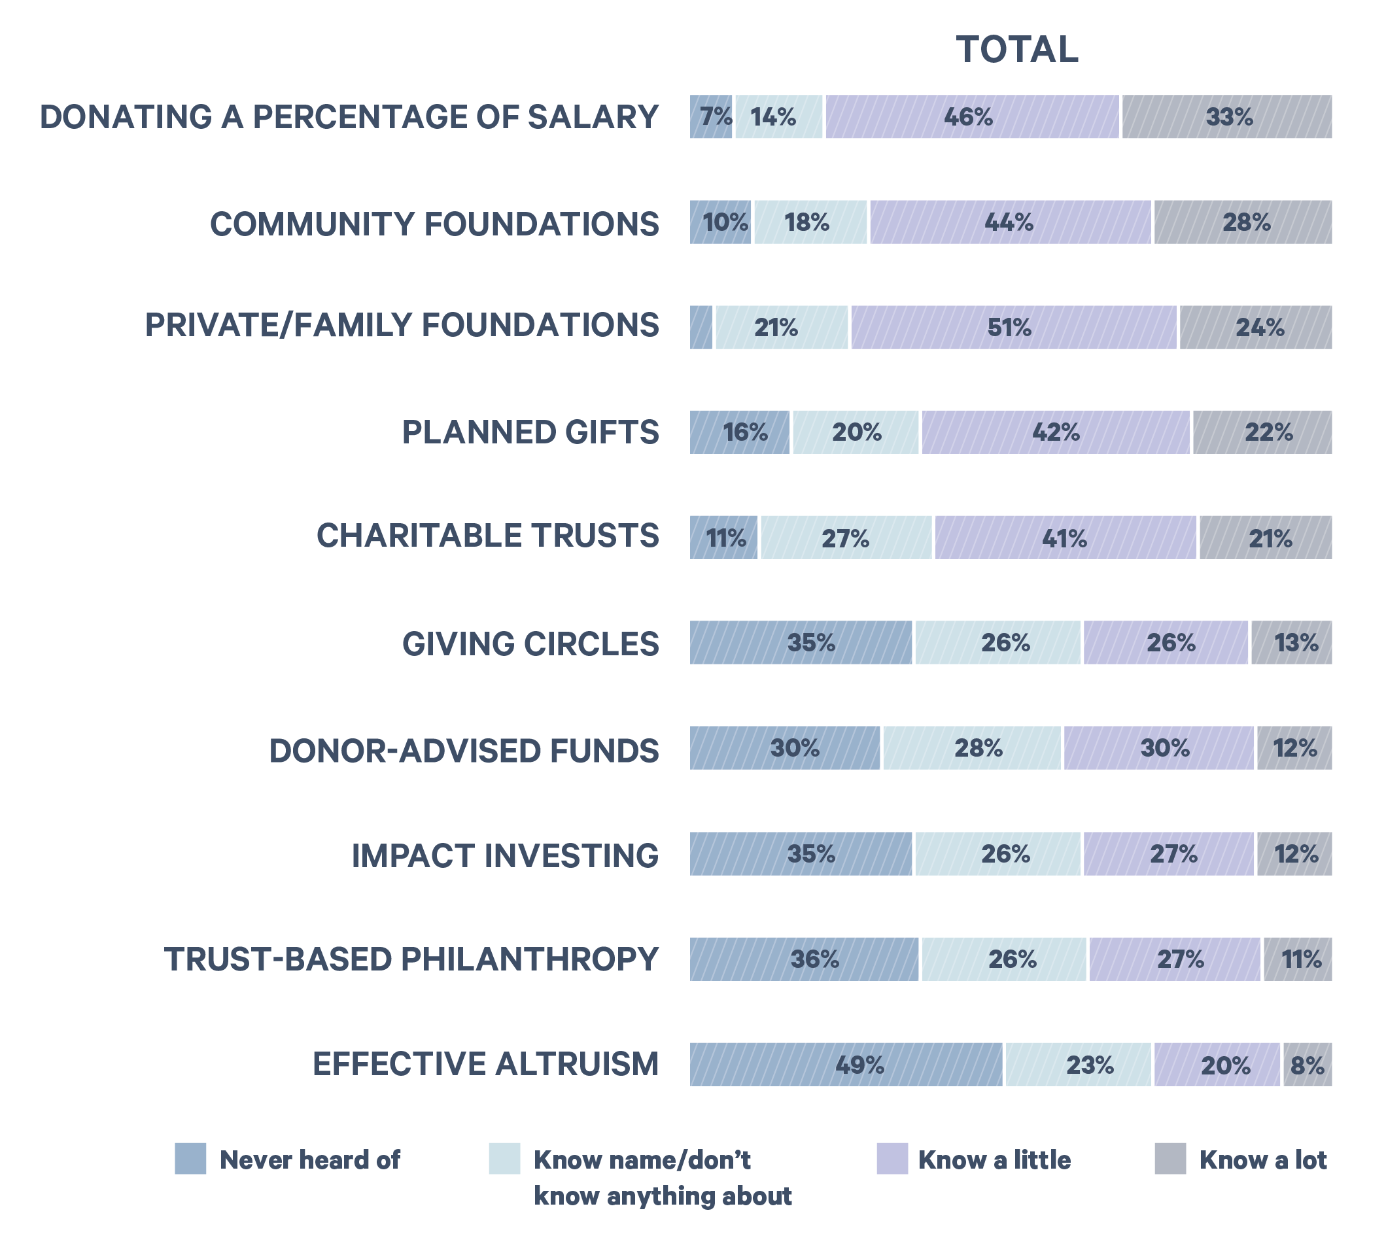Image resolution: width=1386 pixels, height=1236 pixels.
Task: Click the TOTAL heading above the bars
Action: coord(1016,50)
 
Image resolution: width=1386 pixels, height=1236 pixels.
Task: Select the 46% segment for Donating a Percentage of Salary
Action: coord(972,117)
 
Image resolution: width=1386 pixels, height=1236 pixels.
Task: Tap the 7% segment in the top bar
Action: coord(711,117)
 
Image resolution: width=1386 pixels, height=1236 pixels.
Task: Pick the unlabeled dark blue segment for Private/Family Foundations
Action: coord(701,328)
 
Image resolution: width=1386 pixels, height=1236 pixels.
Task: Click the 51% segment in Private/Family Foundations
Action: coord(1013,328)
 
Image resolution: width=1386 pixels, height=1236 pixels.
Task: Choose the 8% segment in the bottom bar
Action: coord(1308,1064)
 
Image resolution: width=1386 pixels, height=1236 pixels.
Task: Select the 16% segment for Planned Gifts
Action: coord(740,432)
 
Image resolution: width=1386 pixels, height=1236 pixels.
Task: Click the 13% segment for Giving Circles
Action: coord(1291,642)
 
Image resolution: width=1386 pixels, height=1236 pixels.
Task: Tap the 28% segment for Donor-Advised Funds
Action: coord(972,747)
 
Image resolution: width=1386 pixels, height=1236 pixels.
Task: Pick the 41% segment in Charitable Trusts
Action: coord(1065,538)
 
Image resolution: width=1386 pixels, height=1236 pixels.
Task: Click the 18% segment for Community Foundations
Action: coord(810,222)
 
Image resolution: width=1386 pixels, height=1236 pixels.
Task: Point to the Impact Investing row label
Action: coord(504,855)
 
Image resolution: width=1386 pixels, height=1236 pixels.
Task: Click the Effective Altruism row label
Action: coord(485,1064)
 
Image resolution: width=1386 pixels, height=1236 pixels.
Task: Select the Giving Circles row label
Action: coord(530,644)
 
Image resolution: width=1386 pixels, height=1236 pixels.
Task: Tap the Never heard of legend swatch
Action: coord(190,1159)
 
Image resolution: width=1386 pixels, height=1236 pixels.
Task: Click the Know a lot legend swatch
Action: coord(1170,1159)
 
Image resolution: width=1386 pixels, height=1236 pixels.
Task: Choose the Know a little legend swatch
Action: coord(892,1159)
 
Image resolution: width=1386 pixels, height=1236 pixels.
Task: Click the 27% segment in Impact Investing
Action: coord(1168,853)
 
